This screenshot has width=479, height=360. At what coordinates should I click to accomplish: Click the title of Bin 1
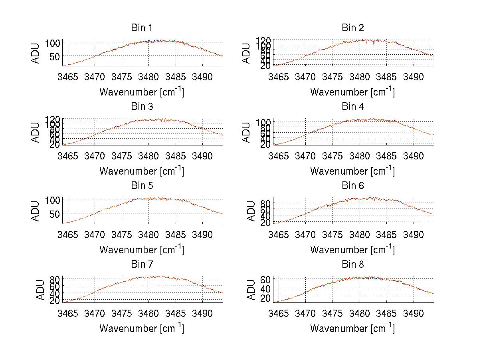(142, 28)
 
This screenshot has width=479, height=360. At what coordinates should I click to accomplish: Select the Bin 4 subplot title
(353, 107)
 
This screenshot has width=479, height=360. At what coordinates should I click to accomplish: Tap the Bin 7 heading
(142, 265)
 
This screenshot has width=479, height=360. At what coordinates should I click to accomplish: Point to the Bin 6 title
(353, 186)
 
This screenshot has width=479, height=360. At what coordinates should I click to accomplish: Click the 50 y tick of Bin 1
(54, 56)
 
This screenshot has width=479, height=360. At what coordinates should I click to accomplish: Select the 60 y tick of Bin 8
(265, 279)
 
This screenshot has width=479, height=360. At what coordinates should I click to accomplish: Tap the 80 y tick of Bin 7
(54, 279)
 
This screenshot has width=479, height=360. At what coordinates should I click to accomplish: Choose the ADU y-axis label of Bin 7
(36, 289)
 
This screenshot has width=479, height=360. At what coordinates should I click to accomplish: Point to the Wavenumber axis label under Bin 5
(142, 249)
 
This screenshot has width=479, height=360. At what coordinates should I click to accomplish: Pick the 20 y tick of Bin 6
(265, 223)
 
